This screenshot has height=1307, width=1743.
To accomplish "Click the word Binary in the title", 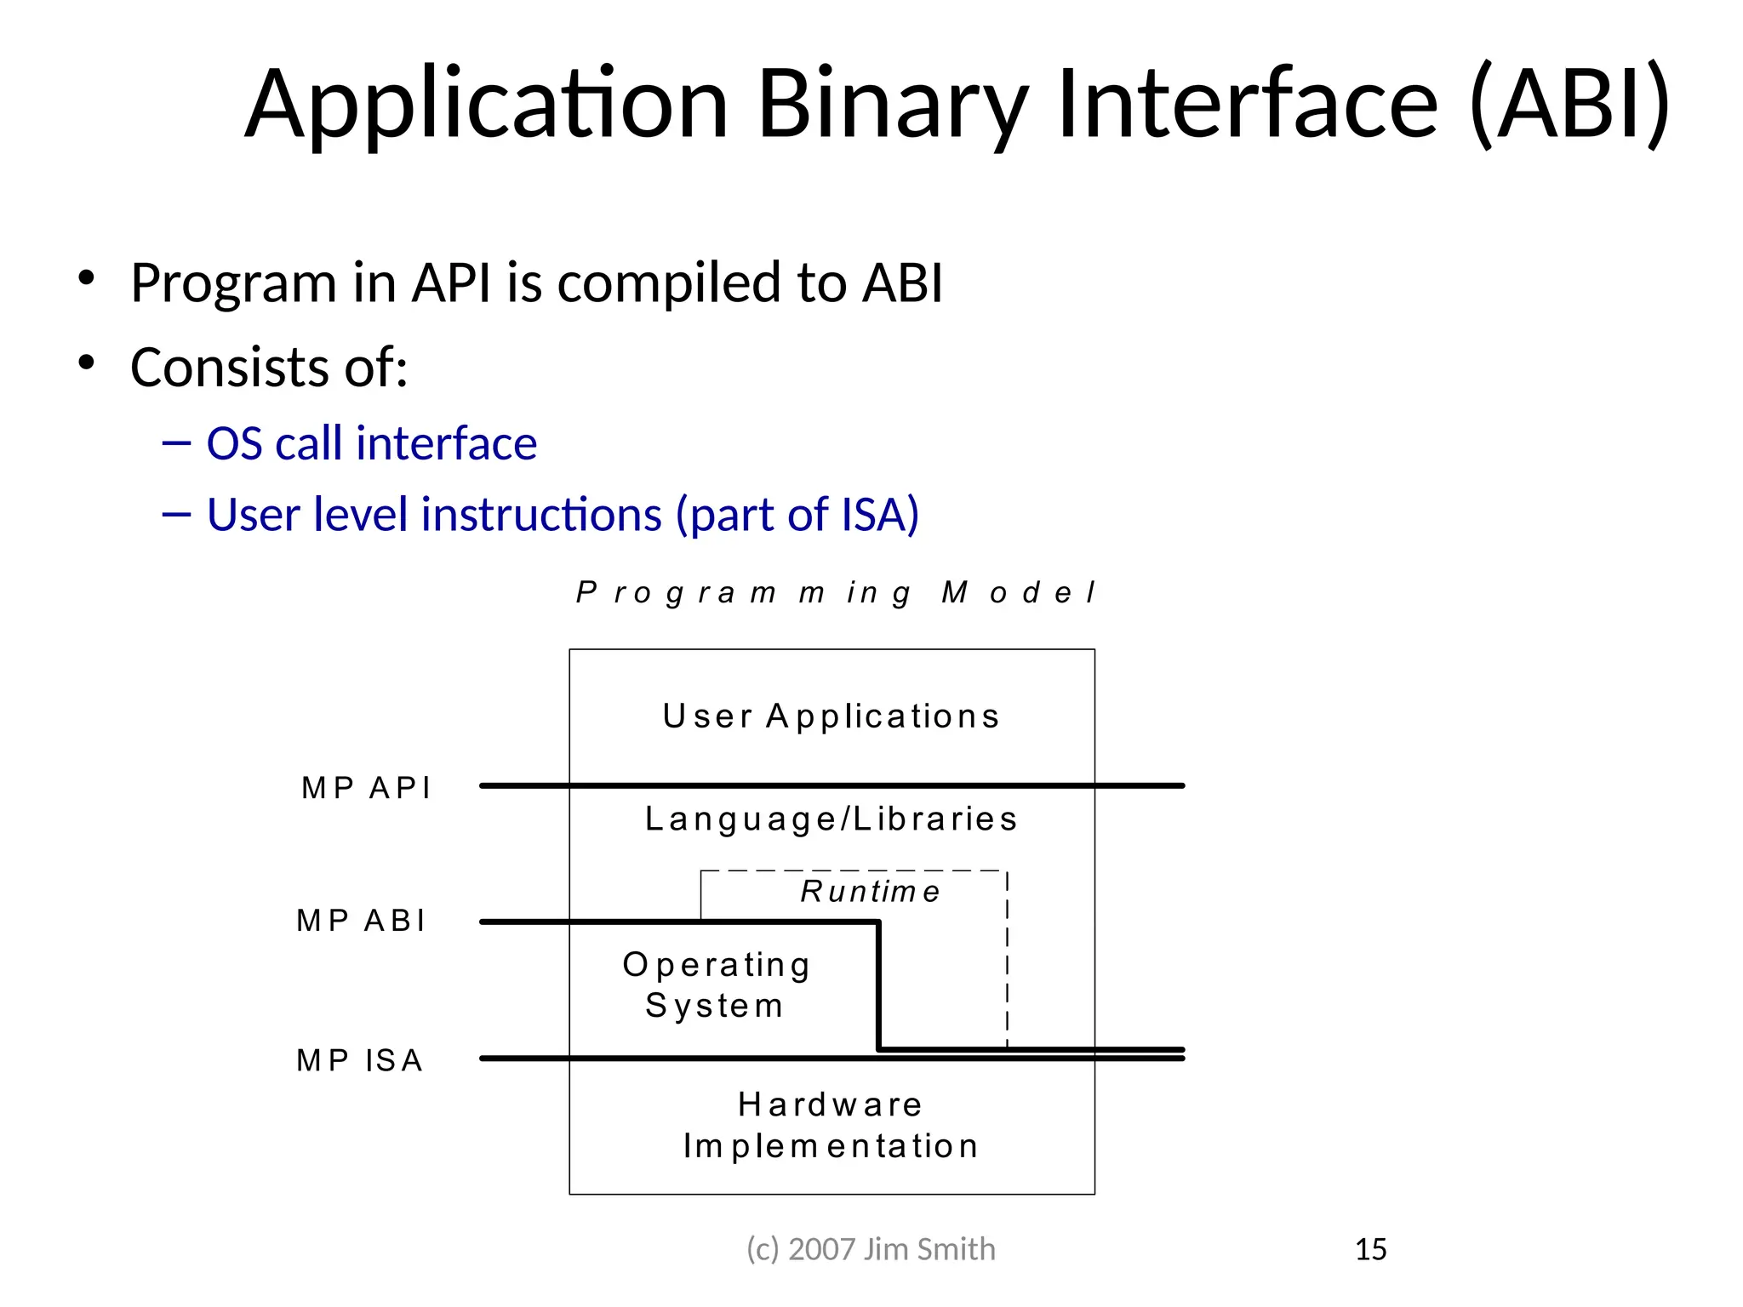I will (x=892, y=104).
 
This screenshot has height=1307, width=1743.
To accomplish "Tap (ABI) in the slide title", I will (x=1570, y=104).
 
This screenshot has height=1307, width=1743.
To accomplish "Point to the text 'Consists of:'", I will (x=269, y=368).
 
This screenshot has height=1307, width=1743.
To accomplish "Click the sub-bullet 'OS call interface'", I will (x=371, y=444).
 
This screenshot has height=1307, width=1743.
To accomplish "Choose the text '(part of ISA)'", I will (x=797, y=515).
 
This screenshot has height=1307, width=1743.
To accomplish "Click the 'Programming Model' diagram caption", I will (x=836, y=592).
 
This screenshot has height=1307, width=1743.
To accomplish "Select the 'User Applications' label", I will (x=831, y=716).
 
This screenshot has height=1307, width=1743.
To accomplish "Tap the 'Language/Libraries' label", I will (x=831, y=819).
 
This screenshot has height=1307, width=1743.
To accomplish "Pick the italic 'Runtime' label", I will (x=870, y=892).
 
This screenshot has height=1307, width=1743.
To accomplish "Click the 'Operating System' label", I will (x=716, y=985).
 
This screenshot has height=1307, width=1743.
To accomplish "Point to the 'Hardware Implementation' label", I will (x=831, y=1125).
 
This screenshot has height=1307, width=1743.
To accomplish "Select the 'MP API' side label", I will (x=366, y=788).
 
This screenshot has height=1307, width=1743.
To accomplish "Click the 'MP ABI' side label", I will (x=361, y=921).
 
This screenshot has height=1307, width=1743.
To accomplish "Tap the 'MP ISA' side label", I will (x=359, y=1060).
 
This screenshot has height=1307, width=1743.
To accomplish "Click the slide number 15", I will (x=1370, y=1249).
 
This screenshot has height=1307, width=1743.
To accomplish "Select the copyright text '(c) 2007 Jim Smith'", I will (x=870, y=1249).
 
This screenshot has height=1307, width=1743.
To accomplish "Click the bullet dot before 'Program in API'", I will (x=86, y=278).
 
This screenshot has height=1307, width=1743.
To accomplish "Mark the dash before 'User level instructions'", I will (x=176, y=514).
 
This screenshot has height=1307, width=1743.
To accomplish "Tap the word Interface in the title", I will (x=1247, y=104).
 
